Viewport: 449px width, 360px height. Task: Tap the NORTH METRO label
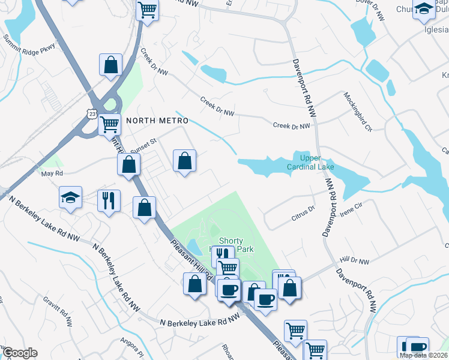point(149,121)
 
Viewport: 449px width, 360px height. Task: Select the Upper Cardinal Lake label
point(313,162)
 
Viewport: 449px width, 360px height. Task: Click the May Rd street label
point(52,174)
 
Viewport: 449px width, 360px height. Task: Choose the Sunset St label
point(143,143)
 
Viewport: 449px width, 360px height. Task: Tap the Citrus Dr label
point(303,210)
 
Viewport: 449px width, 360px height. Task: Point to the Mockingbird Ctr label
point(358,112)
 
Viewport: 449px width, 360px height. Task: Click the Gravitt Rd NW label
point(58,311)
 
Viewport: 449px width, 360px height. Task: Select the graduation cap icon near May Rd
point(70,197)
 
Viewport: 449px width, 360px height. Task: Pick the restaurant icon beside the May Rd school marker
point(109,200)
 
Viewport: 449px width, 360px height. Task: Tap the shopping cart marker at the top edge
point(147,10)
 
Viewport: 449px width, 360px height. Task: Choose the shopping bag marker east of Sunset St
point(184,161)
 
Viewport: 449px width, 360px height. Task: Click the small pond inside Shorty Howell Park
point(194,246)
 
